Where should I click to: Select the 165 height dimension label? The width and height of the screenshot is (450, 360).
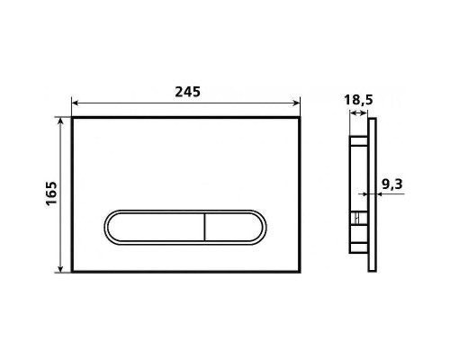click(x=51, y=193)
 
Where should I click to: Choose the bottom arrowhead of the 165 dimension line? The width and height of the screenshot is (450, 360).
click(x=64, y=267)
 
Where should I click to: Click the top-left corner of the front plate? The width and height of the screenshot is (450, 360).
click(x=73, y=117)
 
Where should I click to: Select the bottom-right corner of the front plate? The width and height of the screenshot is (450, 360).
click(x=301, y=270)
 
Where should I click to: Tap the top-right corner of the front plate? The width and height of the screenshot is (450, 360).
click(x=301, y=117)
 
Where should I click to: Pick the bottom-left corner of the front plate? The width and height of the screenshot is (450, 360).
click(x=73, y=270)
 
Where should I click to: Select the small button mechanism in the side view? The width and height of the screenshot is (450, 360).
click(x=358, y=219)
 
